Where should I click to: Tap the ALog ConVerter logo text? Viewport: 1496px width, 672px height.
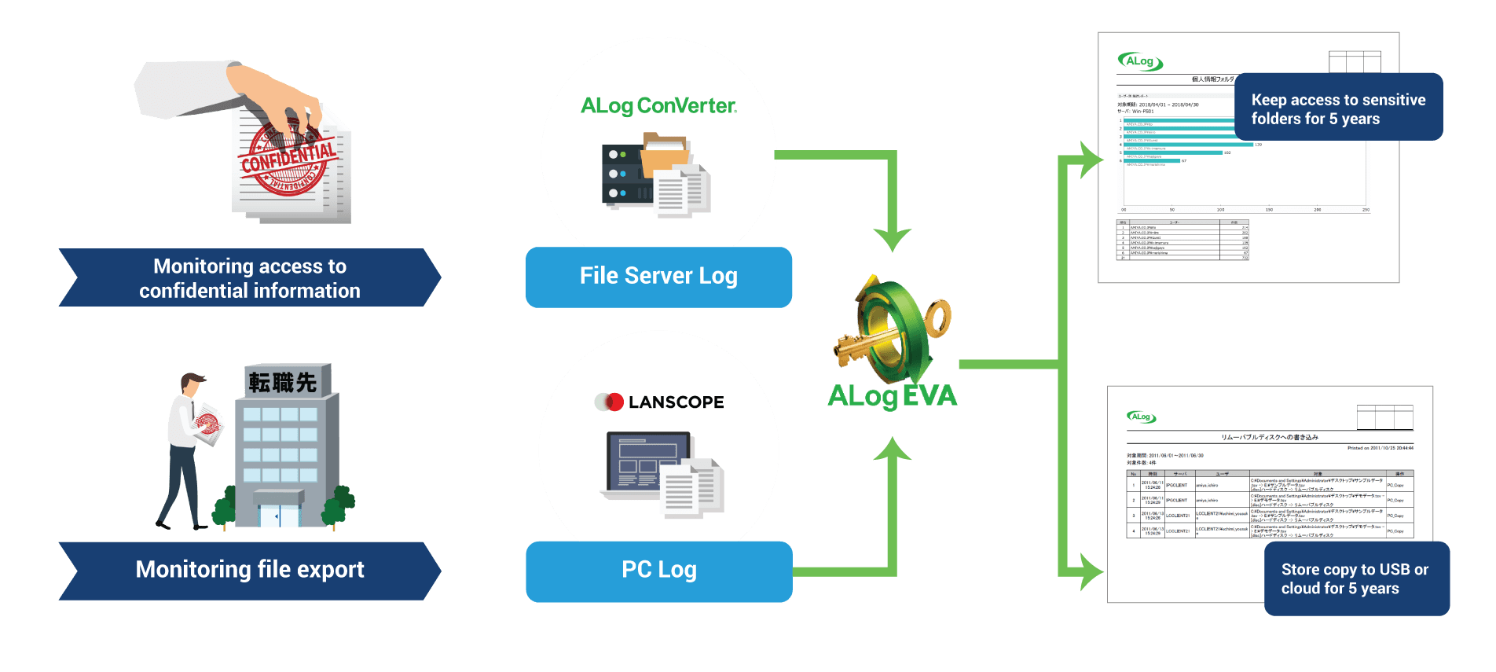click(x=658, y=106)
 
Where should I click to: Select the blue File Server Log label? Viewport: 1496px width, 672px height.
click(x=658, y=277)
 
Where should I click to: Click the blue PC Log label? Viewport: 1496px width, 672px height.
click(x=658, y=570)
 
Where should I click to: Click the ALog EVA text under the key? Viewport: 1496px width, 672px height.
click(x=893, y=396)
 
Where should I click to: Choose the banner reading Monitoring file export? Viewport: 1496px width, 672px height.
click(x=250, y=570)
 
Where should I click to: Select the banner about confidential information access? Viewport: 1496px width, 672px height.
click(x=250, y=278)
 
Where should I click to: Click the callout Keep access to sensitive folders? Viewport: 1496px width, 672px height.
click(x=1338, y=108)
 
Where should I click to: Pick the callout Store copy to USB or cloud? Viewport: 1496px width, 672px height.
click(x=1355, y=578)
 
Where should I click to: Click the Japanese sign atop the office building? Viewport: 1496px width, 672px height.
click(x=284, y=383)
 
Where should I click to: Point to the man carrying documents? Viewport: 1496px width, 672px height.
click(x=187, y=448)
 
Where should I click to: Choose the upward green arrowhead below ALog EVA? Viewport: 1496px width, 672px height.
click(x=892, y=450)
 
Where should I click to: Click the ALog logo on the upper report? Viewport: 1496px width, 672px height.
click(x=1140, y=61)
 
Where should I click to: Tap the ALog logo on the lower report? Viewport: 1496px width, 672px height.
click(x=1141, y=417)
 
